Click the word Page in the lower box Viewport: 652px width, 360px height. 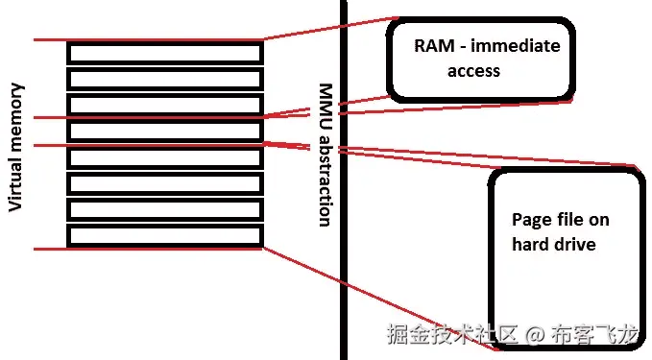(x=530, y=220)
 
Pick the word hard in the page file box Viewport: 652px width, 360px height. (x=529, y=245)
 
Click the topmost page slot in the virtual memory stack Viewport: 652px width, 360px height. (x=164, y=52)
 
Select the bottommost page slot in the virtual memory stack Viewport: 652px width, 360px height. (x=164, y=235)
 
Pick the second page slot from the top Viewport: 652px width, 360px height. (x=164, y=78)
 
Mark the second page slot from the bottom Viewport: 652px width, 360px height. (x=164, y=209)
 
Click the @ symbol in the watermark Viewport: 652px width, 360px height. (x=536, y=335)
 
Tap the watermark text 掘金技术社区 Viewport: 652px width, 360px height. (x=451, y=335)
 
